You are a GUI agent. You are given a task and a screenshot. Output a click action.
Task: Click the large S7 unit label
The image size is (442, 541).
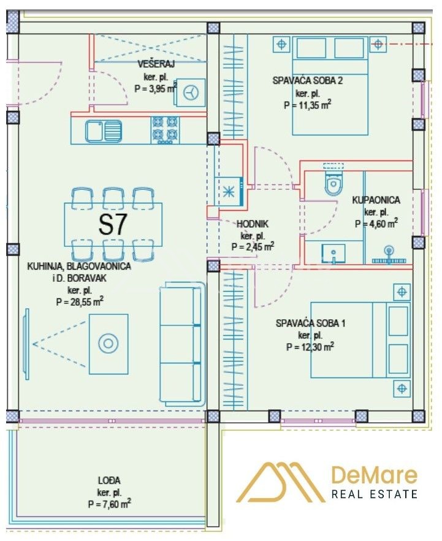click(113, 224)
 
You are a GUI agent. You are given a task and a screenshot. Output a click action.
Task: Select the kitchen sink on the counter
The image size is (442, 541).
click(104, 131)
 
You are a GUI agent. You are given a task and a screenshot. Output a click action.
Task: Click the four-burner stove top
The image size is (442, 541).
click(165, 130)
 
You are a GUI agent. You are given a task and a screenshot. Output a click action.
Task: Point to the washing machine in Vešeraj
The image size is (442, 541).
click(189, 93)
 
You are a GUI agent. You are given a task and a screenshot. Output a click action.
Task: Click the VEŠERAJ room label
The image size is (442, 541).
click(156, 64)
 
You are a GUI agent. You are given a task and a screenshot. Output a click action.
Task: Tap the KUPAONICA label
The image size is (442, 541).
click(376, 200)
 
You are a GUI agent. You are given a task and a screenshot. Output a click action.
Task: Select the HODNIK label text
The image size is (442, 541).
click(253, 224)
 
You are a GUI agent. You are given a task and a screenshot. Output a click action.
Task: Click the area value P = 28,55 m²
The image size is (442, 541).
click(80, 301)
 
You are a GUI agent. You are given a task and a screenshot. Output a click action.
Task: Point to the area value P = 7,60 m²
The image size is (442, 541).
click(109, 504)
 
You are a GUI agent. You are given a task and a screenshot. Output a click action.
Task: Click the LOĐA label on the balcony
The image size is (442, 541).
click(109, 480)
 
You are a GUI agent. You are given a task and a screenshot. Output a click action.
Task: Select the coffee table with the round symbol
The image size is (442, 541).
click(109, 344)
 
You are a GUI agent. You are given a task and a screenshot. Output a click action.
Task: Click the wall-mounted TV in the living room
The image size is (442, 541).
click(26, 344)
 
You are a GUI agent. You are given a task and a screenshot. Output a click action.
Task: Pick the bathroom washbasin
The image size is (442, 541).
click(333, 253)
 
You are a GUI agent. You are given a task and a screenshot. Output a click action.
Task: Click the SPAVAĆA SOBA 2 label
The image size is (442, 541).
click(308, 81)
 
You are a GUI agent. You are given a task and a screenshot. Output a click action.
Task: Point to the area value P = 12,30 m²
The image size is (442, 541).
click(310, 346)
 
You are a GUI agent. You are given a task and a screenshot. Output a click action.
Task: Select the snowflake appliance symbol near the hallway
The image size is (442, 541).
click(228, 192)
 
